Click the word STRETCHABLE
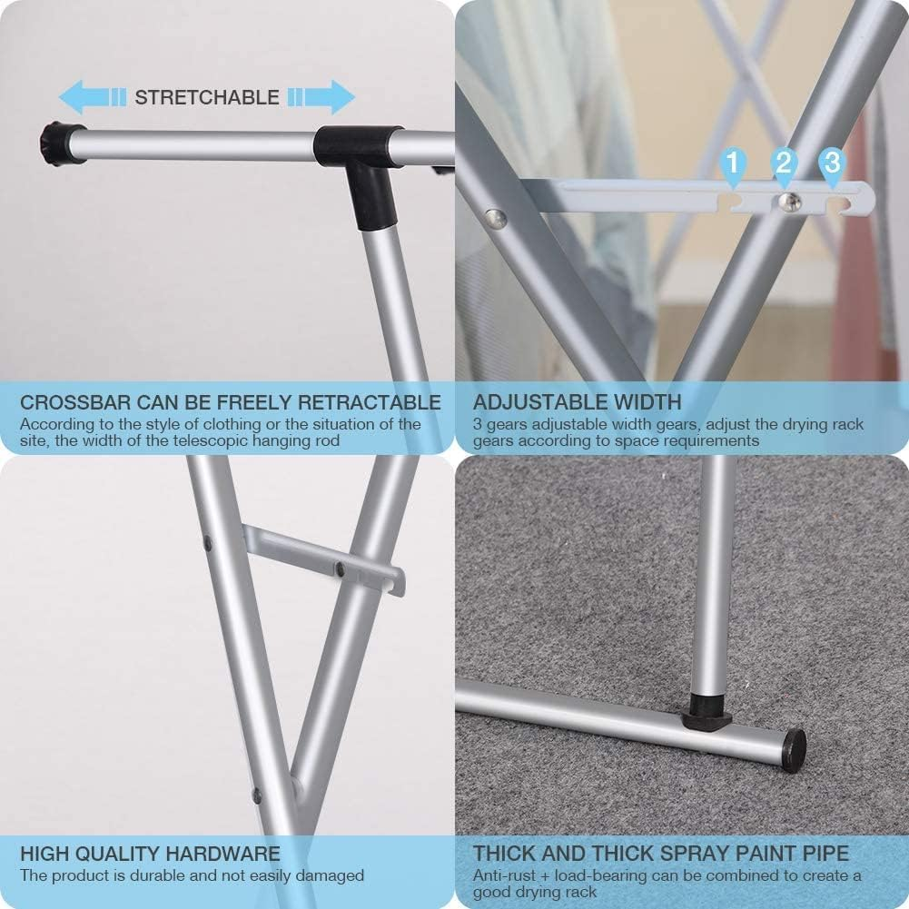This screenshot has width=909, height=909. [207, 98]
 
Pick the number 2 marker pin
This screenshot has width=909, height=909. [784, 164]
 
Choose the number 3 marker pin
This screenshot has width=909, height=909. [831, 164]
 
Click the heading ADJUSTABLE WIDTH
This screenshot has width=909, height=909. [577, 402]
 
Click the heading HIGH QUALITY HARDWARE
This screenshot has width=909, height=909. [150, 855]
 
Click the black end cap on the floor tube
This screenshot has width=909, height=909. [793, 750]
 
